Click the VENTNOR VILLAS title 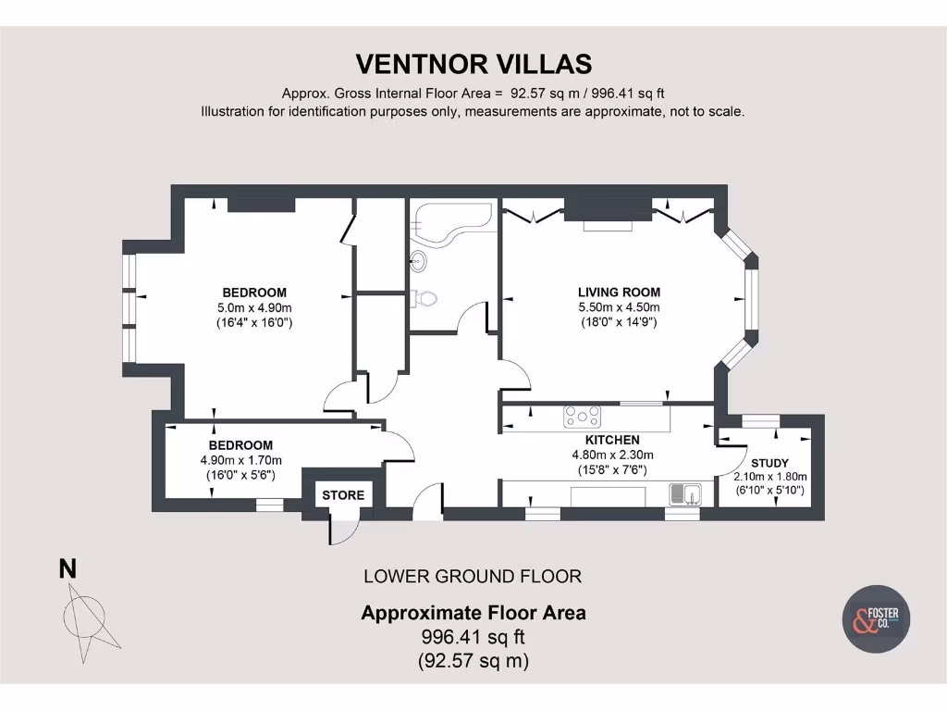click(x=473, y=64)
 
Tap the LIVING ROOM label click(x=619, y=293)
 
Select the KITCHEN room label click(x=612, y=440)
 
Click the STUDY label click(x=769, y=463)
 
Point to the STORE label click(x=343, y=495)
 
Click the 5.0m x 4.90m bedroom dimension click(x=253, y=308)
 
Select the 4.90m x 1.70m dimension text click(x=240, y=460)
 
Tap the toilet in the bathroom click(x=425, y=299)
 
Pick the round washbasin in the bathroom click(x=419, y=261)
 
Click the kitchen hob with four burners click(x=582, y=418)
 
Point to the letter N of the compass click(x=68, y=569)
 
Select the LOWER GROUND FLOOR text click(x=473, y=577)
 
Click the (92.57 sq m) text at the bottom click(x=473, y=660)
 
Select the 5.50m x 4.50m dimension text click(x=619, y=307)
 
